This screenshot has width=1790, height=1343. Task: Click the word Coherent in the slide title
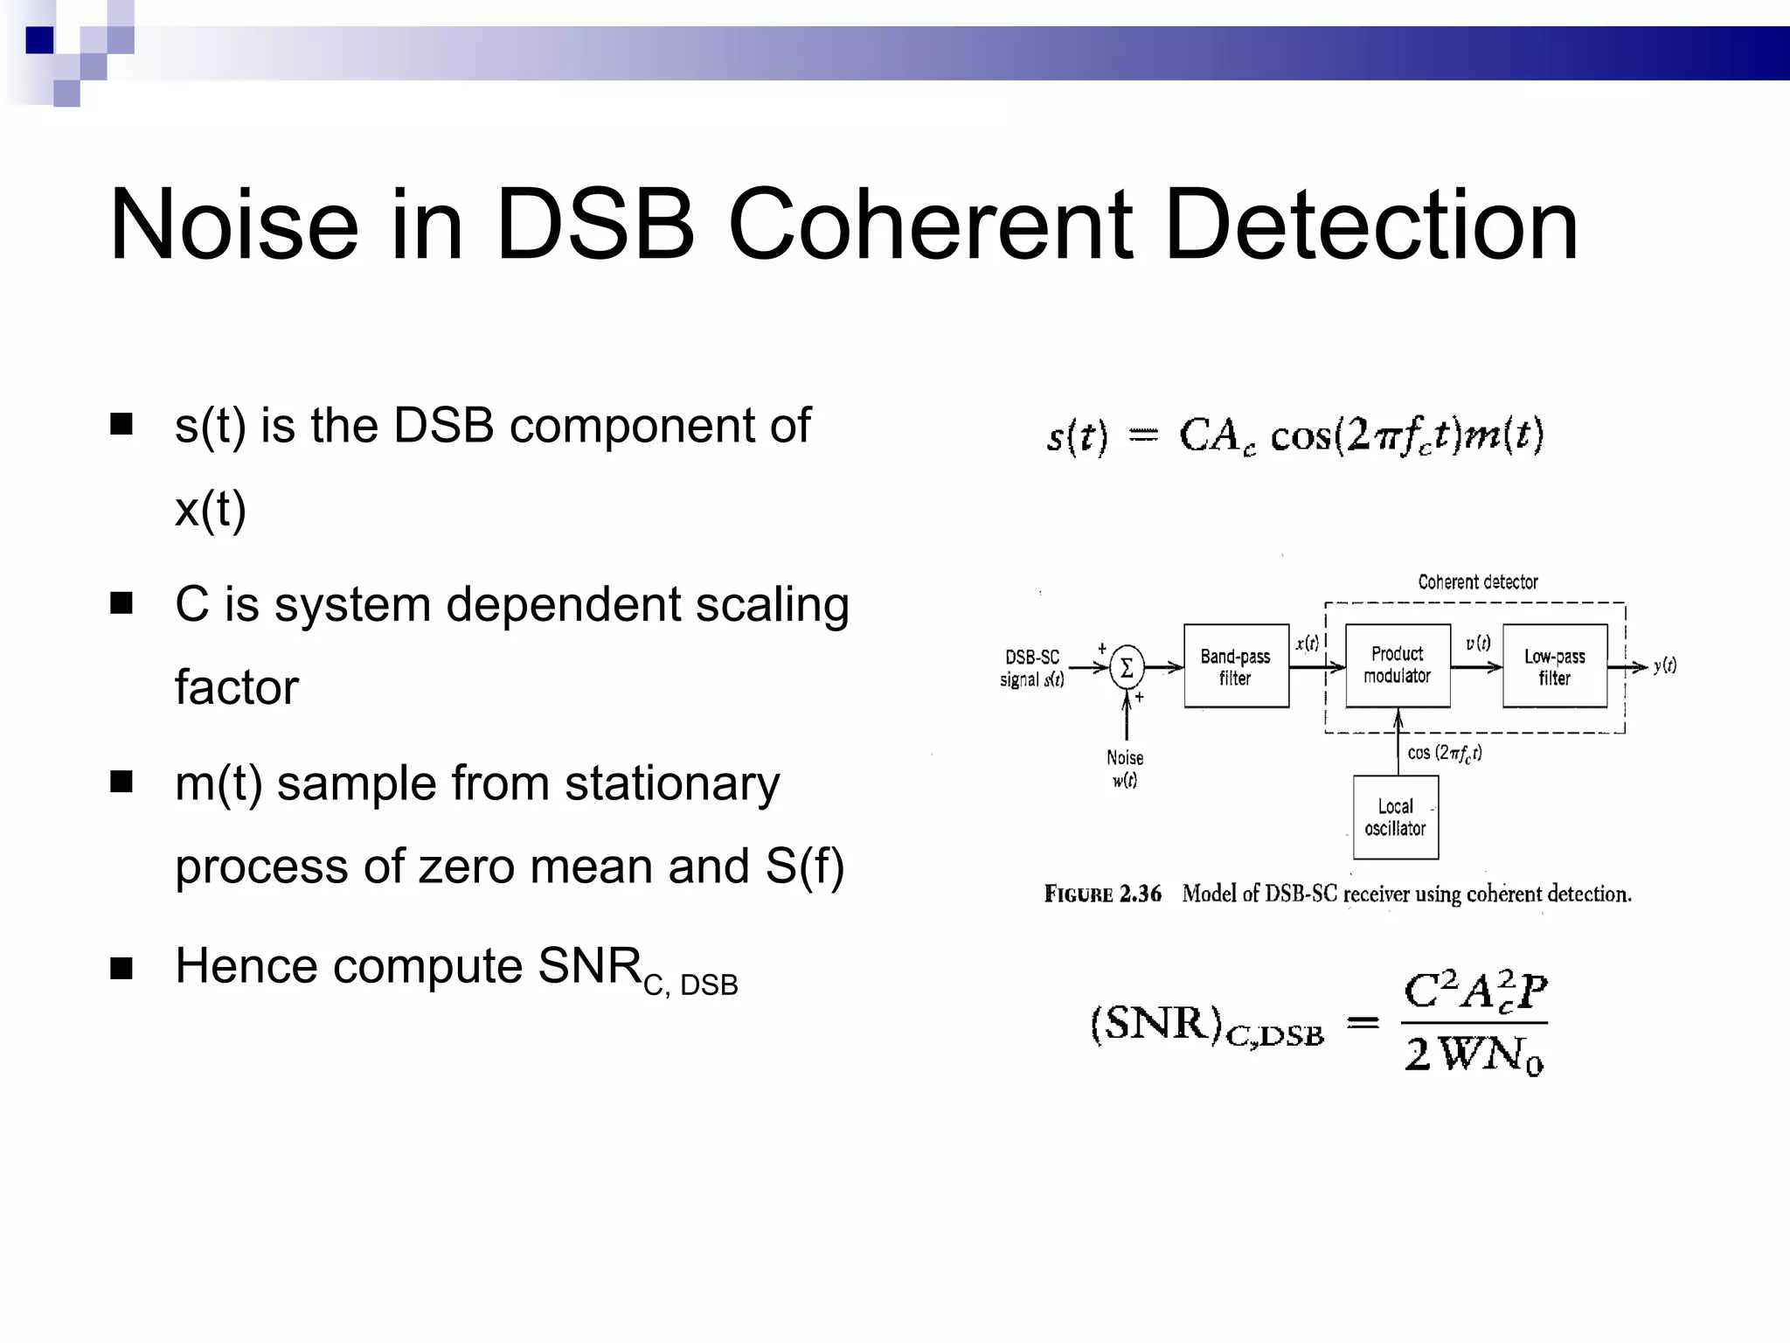point(931,226)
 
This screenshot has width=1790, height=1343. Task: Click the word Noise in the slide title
point(233,226)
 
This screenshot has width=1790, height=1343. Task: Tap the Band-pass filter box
point(1236,666)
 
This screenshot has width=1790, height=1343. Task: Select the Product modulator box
point(1397,665)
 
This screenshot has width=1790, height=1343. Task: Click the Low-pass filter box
point(1554,666)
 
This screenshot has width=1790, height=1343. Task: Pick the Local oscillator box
point(1395,818)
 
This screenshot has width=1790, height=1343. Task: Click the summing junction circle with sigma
point(1127,669)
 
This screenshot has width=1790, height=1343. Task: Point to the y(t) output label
point(1664,665)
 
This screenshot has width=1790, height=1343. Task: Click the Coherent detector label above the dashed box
point(1477,582)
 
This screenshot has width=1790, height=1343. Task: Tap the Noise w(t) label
point(1125,769)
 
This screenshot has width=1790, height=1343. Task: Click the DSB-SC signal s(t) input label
point(1032,668)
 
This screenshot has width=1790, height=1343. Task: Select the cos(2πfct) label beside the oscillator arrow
point(1444,753)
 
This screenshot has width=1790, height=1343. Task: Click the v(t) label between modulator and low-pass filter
point(1478,644)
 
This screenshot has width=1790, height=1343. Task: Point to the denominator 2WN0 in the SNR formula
point(1474,1054)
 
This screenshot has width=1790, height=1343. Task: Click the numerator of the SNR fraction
point(1474,992)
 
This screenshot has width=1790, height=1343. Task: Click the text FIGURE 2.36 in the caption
point(1102,894)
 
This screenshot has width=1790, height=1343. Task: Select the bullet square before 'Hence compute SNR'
point(121,968)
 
